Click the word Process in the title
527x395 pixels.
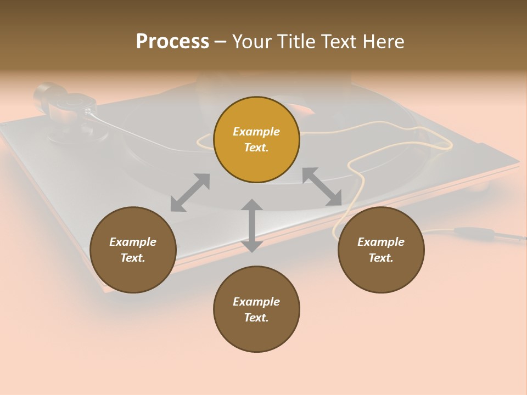click(x=172, y=42)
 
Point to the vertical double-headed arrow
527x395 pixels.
click(x=252, y=225)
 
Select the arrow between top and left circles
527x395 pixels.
click(x=190, y=192)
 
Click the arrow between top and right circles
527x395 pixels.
click(x=322, y=187)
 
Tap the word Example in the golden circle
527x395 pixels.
click(x=256, y=132)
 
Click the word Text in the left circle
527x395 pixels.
click(x=133, y=258)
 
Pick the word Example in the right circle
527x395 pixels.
click(x=381, y=242)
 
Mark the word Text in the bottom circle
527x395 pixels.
click(x=256, y=318)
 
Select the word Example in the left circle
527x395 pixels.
click(x=133, y=242)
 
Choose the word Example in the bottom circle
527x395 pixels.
click(x=256, y=302)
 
